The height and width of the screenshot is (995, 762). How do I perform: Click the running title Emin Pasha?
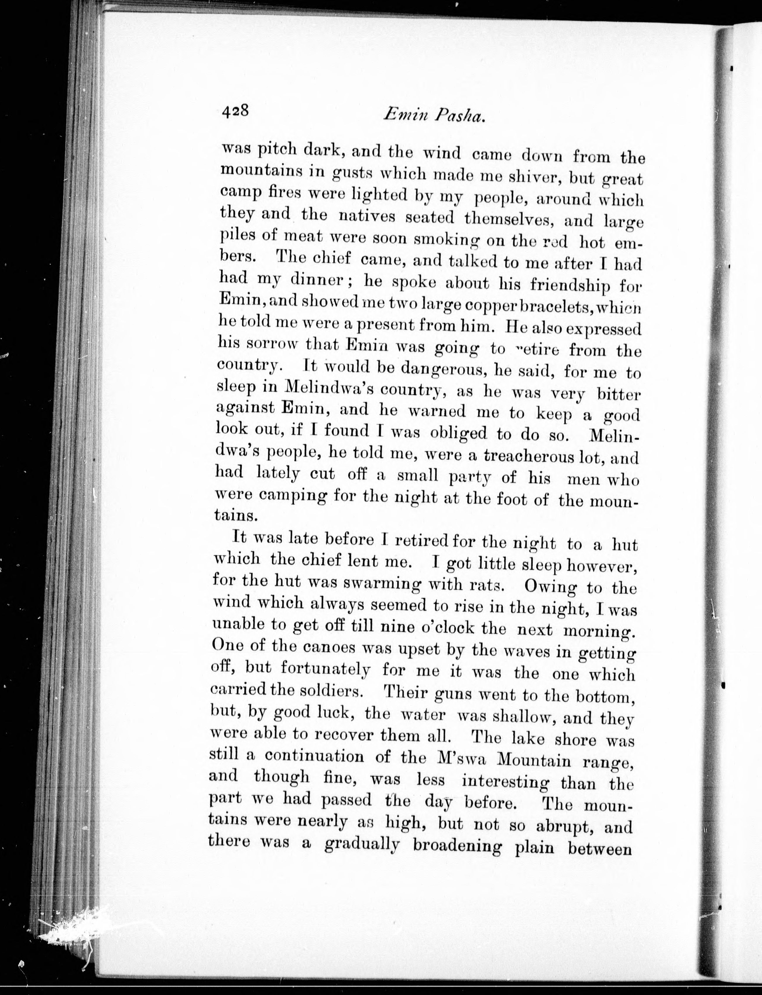click(x=435, y=116)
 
